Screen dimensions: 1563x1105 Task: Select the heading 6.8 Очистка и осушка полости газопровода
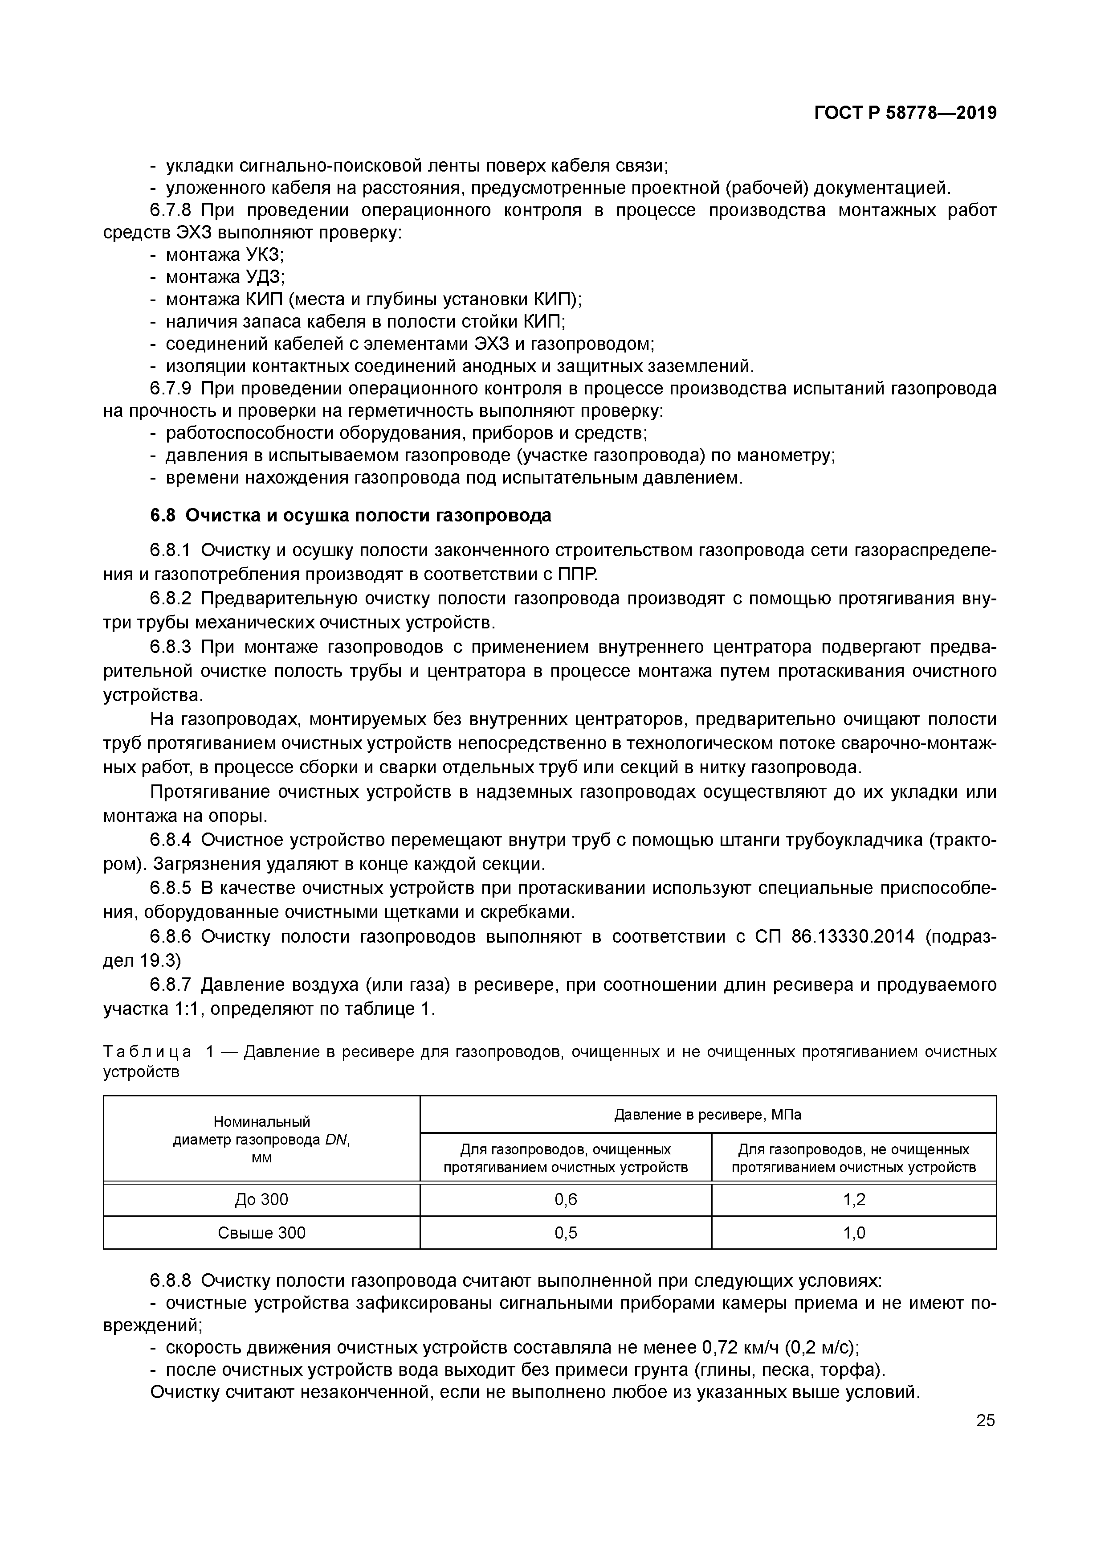tap(351, 515)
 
